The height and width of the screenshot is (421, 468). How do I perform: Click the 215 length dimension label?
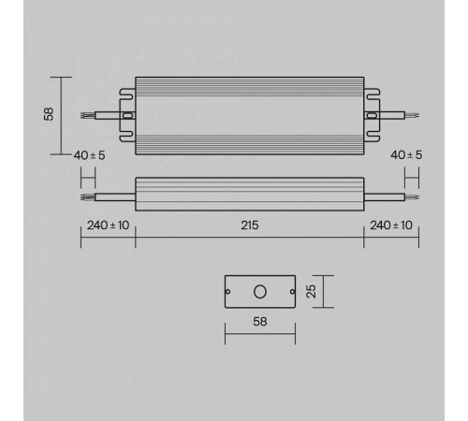click(x=250, y=225)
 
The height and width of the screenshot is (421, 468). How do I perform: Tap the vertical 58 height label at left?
click(x=49, y=113)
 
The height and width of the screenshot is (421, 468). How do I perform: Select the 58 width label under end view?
click(x=259, y=320)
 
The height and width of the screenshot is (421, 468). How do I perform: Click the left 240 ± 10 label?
click(x=107, y=225)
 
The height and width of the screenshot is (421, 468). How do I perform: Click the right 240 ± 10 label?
click(x=391, y=225)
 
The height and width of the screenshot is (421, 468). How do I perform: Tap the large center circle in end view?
click(x=259, y=291)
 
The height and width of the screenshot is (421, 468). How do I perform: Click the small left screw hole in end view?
click(x=229, y=291)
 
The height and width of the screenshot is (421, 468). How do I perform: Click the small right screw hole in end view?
click(x=290, y=291)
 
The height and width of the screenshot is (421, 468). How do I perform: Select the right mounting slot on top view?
click(x=372, y=117)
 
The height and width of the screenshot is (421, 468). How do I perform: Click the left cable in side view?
click(x=108, y=197)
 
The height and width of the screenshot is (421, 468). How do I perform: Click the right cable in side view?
click(x=388, y=197)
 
